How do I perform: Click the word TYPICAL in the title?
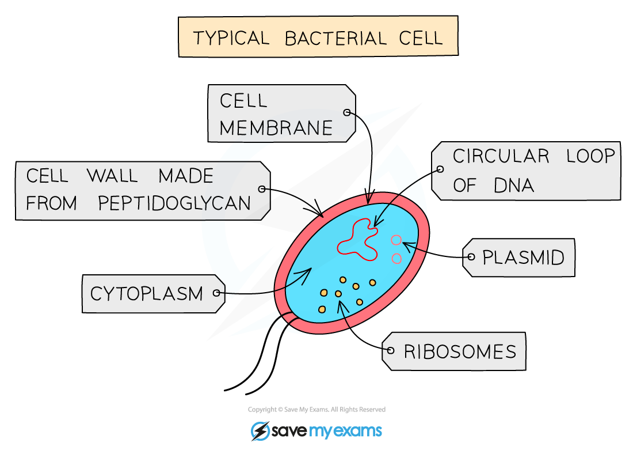[x=231, y=38]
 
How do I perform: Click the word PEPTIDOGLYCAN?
[x=174, y=203]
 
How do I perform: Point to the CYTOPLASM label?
[x=147, y=294]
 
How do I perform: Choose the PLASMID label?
[x=523, y=258]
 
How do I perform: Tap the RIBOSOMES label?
[x=459, y=351]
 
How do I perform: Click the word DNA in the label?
[x=514, y=186]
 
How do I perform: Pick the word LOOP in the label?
[x=589, y=156]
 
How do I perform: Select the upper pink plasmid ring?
[x=396, y=240]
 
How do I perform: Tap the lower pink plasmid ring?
[x=396, y=259]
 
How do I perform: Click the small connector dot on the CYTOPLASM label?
[x=217, y=293]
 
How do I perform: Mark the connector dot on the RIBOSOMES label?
[x=391, y=350]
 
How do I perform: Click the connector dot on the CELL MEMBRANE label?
[x=347, y=113]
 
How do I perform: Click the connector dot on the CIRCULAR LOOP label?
[x=440, y=169]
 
